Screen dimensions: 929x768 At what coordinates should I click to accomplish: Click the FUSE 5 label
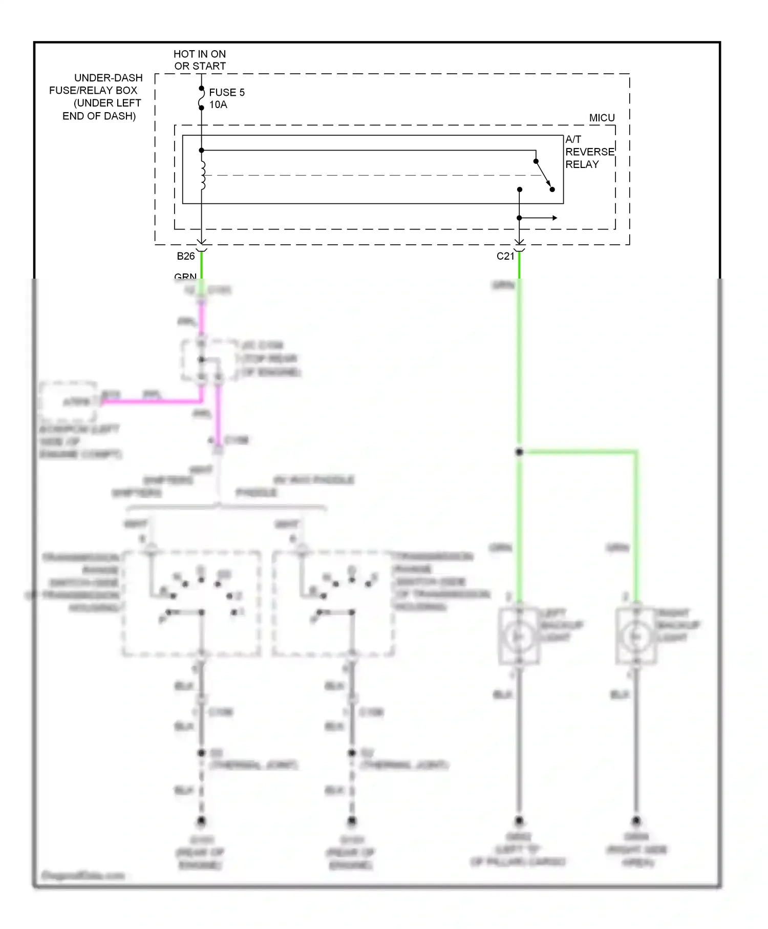click(x=226, y=92)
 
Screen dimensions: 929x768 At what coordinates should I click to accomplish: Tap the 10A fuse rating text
click(x=218, y=105)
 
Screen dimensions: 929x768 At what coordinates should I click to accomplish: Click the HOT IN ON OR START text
click(x=200, y=60)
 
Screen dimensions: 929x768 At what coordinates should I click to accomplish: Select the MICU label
click(x=602, y=118)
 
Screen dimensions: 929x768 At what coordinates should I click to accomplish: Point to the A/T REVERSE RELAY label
click(x=589, y=152)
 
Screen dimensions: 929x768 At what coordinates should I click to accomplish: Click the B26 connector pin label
click(x=186, y=256)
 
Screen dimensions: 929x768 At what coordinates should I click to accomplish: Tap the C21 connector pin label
click(x=505, y=256)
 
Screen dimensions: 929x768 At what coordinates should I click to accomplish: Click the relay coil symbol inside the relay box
click(x=202, y=176)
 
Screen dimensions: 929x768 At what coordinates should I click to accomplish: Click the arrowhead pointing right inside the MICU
click(x=554, y=218)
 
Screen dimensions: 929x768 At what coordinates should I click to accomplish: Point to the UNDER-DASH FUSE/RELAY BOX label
click(x=97, y=97)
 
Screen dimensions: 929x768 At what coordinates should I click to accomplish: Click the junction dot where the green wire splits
click(x=519, y=452)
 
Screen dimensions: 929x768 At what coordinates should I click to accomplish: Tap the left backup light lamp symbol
click(x=519, y=637)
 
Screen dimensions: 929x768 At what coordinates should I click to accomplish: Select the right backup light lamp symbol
click(x=636, y=637)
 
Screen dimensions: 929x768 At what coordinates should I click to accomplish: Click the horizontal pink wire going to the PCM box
click(x=151, y=402)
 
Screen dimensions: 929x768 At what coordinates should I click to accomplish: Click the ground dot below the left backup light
click(x=519, y=820)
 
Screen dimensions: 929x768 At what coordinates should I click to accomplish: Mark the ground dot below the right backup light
click(x=636, y=820)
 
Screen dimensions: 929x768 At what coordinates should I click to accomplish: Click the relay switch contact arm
click(x=544, y=175)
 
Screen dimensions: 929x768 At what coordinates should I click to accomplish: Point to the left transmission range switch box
click(x=191, y=603)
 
